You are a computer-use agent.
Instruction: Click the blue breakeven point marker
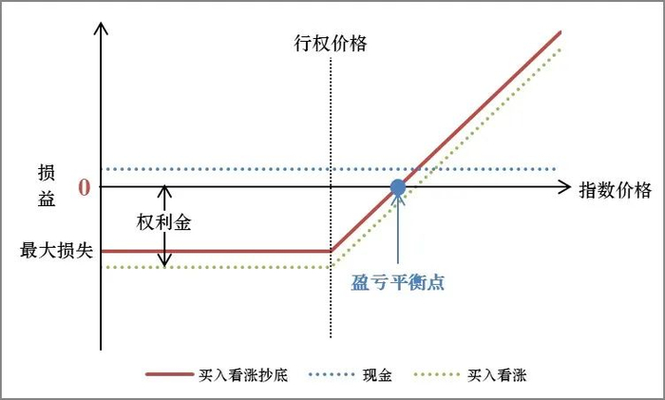(x=398, y=187)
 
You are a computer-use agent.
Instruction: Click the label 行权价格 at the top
(x=330, y=43)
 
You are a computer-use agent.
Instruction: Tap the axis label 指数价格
(x=615, y=190)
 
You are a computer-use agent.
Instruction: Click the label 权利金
(x=164, y=222)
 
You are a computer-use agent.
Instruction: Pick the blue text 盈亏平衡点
(x=398, y=282)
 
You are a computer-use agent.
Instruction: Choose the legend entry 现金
(x=377, y=374)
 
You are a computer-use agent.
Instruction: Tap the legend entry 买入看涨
(x=499, y=374)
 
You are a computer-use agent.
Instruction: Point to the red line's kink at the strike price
(x=331, y=251)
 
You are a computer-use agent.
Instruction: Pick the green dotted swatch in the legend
(x=438, y=374)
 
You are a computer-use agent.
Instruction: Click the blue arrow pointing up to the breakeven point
(x=398, y=228)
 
